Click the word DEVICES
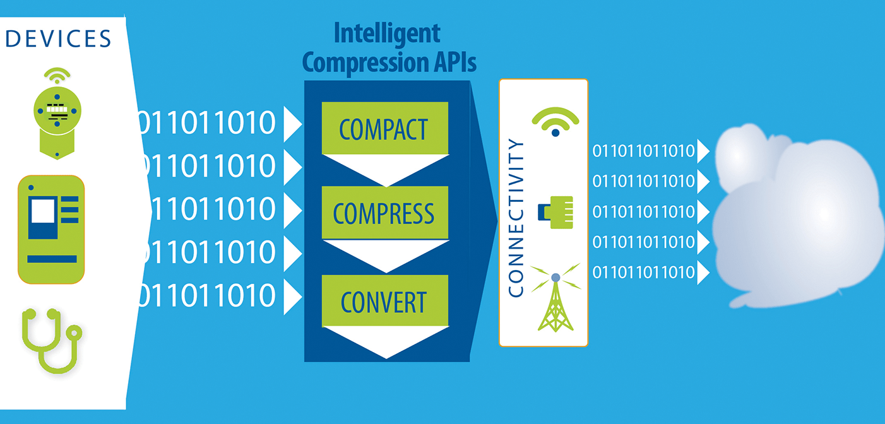58,38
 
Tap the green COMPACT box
384,128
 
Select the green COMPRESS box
384,213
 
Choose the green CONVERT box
384,301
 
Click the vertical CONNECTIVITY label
516,218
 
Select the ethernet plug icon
555,211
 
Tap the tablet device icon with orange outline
51,230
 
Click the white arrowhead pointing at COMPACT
292,124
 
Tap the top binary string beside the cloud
643,151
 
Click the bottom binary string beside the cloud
643,273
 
